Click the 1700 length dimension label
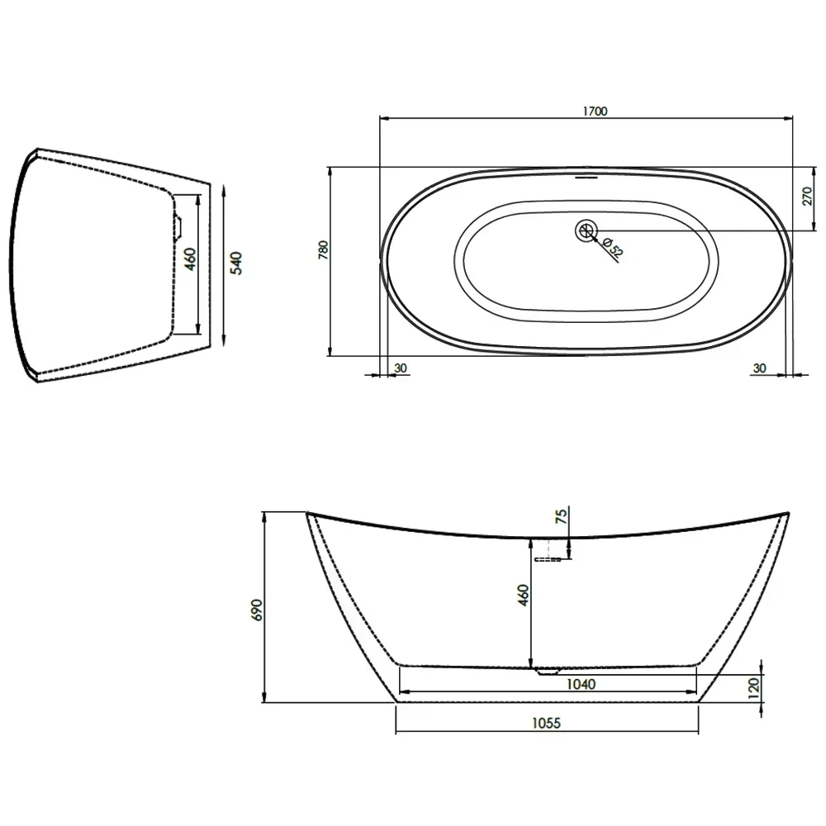click(595, 112)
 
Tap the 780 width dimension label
click(324, 249)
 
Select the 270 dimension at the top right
click(807, 196)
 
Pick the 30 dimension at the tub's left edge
click(401, 368)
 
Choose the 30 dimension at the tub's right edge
click(759, 368)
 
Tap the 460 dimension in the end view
click(190, 259)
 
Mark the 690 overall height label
click(257, 610)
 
